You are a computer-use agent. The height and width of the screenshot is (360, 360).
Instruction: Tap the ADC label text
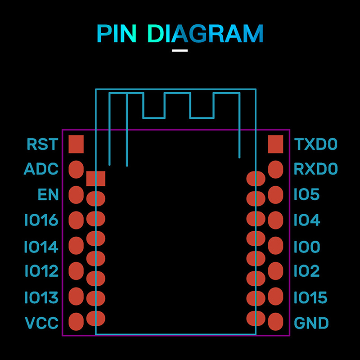tap(41, 170)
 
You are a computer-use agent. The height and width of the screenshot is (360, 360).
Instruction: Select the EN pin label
tap(48, 195)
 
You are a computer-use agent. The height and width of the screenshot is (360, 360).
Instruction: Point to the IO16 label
tap(41, 220)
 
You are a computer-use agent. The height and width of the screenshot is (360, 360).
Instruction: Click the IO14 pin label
tap(41, 247)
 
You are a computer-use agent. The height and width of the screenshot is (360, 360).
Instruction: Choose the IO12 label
tap(41, 271)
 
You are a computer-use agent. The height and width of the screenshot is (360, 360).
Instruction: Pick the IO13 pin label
tap(41, 297)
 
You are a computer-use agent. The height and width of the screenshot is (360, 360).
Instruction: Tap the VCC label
tap(41, 323)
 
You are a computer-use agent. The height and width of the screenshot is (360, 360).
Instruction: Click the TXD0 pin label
tap(315, 144)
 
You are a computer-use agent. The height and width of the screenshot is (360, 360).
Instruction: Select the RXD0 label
tap(315, 170)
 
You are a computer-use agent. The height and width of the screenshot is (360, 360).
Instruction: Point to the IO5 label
tap(306, 195)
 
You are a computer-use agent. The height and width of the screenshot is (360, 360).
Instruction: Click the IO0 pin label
tap(307, 247)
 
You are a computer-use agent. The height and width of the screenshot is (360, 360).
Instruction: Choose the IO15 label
tap(310, 297)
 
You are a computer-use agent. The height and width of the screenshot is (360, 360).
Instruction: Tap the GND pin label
tap(311, 323)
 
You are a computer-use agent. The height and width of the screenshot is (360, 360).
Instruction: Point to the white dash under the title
tap(180, 50)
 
